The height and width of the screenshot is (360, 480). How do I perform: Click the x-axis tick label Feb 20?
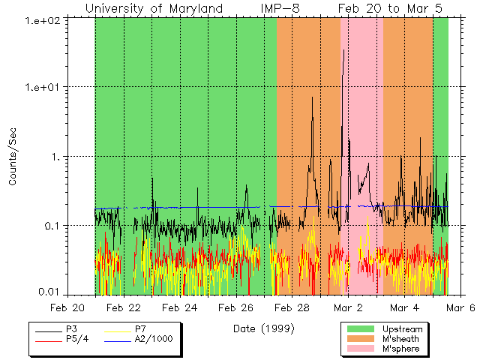tap(67, 307)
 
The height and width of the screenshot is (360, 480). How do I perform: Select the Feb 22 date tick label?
tap(123, 307)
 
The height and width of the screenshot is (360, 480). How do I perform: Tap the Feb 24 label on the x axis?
tap(179, 307)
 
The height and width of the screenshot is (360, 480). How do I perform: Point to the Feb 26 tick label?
tap(235, 307)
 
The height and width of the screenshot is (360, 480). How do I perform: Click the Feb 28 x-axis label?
tap(292, 307)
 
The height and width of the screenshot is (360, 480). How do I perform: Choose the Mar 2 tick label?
tap(348, 307)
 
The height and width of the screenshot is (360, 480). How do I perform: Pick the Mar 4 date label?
tap(404, 307)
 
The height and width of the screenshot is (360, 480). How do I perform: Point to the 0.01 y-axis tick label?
tap(48, 292)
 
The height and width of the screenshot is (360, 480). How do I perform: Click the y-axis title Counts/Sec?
tap(13, 157)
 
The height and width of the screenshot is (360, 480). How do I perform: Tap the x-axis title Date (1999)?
tap(263, 328)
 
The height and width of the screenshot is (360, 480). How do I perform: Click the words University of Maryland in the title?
tap(154, 8)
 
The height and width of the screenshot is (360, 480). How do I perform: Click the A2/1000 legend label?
tap(153, 339)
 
